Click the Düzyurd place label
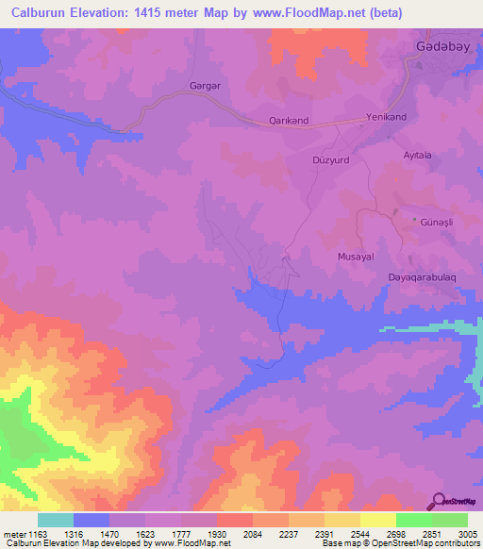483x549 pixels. tap(330, 160)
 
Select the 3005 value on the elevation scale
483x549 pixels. tap(466, 533)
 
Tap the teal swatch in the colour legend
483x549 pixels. tap(56, 520)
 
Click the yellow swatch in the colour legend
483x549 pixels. tap(377, 520)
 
